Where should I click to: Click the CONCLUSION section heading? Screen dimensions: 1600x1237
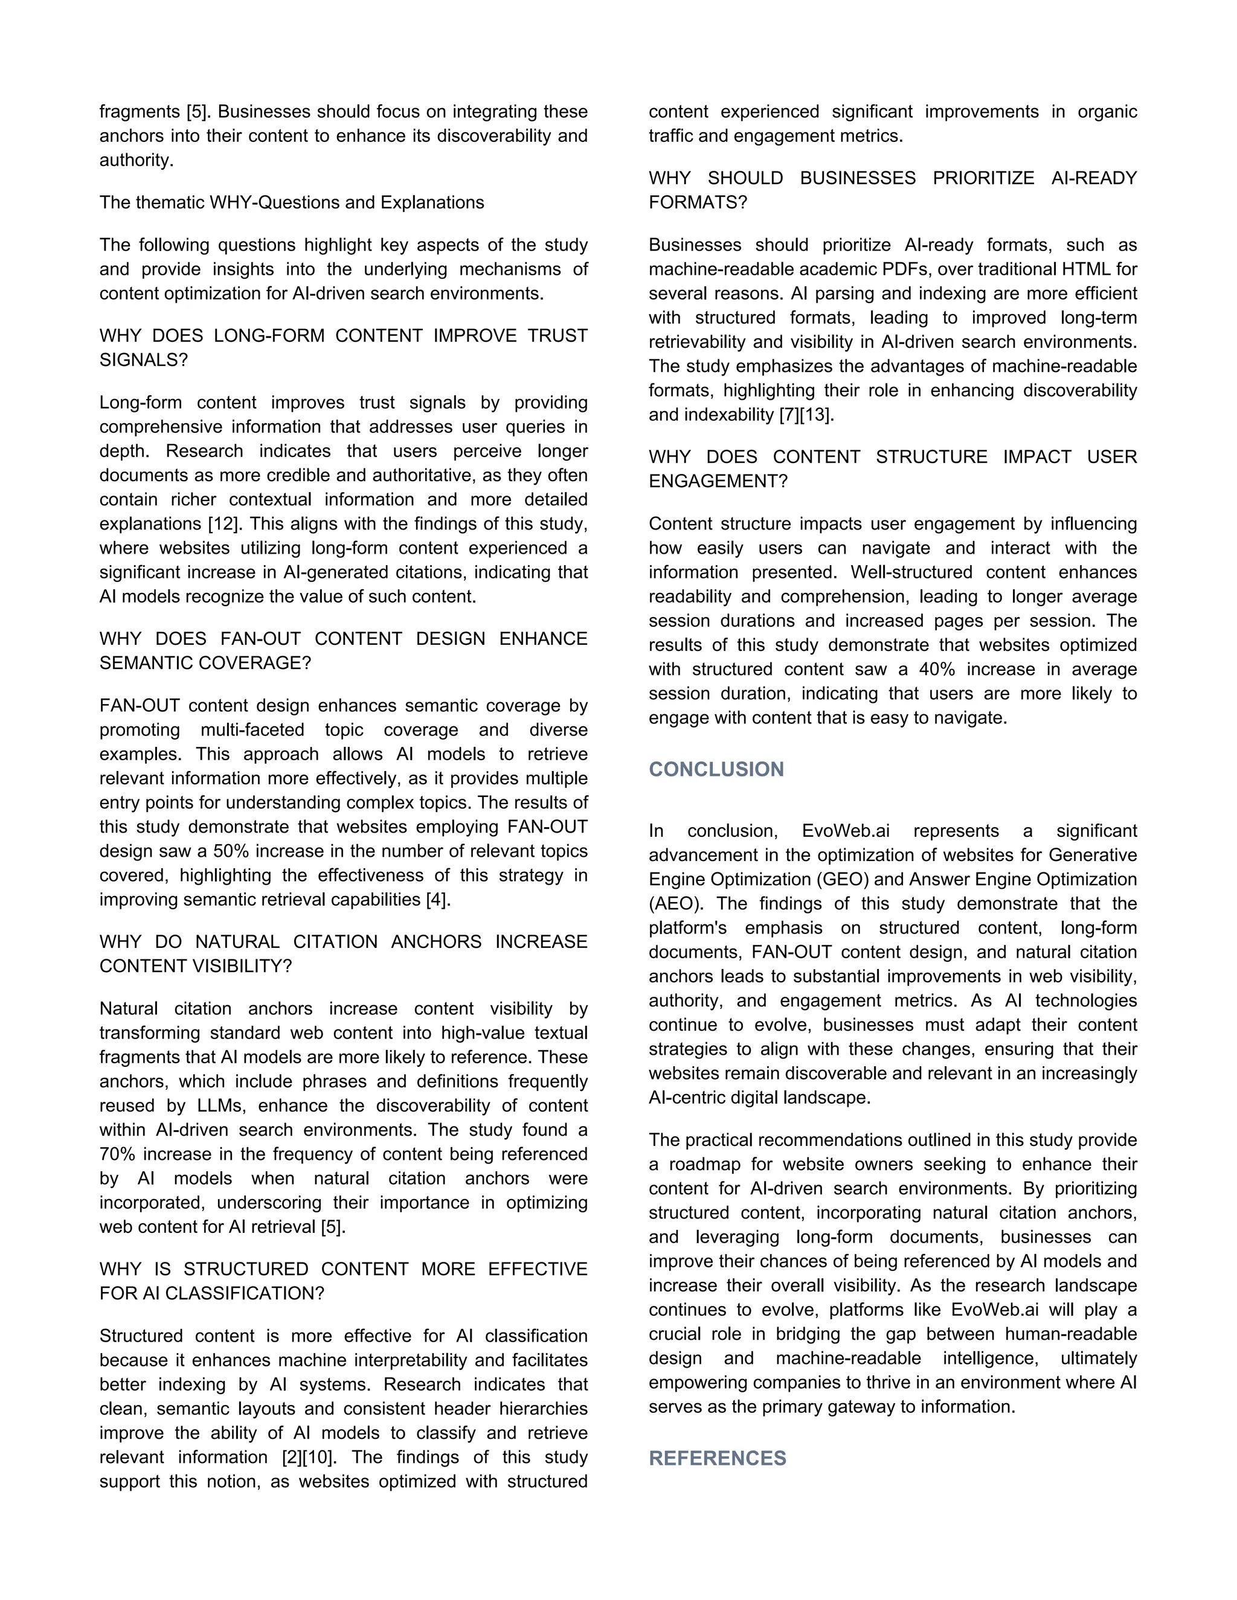point(716,769)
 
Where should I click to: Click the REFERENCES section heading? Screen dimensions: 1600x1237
point(717,1458)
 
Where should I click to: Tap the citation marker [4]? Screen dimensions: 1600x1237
point(437,900)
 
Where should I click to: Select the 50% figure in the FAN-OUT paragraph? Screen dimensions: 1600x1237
point(231,851)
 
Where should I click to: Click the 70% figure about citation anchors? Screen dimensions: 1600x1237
point(117,1154)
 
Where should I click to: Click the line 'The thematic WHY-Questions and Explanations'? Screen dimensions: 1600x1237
point(292,202)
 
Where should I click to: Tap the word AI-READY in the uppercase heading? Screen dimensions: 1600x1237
point(1093,178)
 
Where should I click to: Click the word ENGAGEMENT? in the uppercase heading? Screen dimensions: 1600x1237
point(718,481)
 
